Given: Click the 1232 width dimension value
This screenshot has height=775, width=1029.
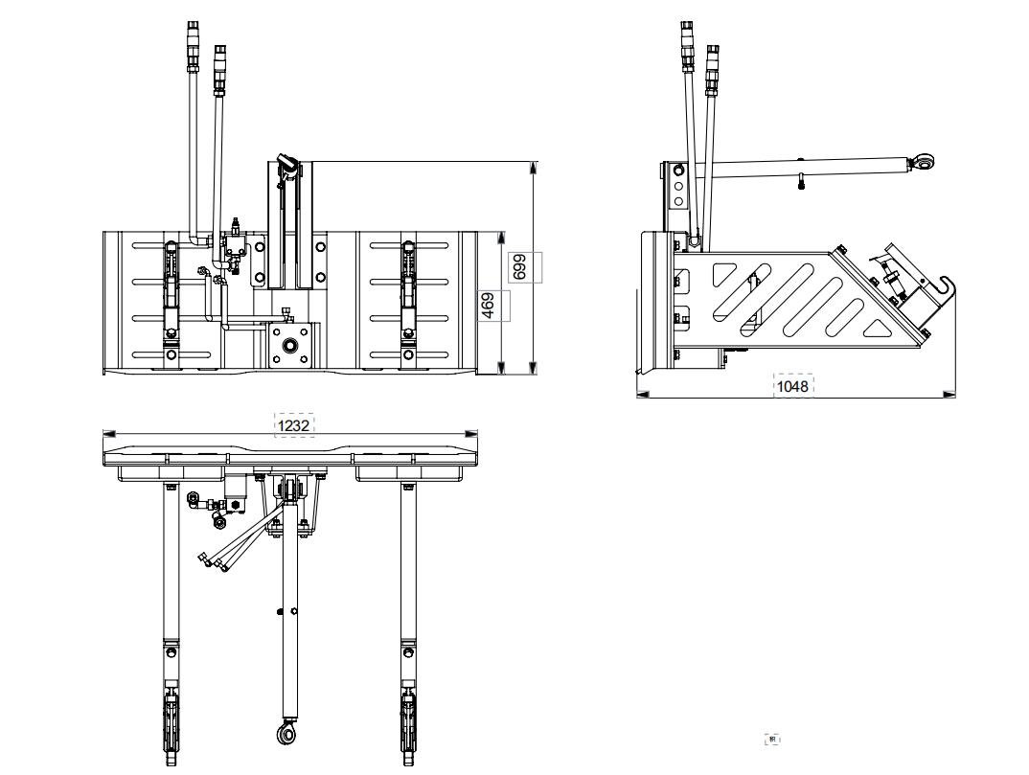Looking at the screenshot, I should click(x=294, y=425).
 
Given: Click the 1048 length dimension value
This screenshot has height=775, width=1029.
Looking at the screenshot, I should click(x=793, y=386).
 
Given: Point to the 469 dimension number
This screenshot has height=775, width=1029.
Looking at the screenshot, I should click(x=488, y=306).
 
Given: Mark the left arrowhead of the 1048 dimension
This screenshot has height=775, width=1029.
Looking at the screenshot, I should click(x=643, y=394).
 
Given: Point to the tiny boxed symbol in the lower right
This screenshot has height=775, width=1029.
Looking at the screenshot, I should click(x=774, y=739).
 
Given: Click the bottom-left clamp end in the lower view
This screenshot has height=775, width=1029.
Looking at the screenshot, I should click(x=171, y=718).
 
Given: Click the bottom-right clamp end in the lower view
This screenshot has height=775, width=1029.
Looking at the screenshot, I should click(x=408, y=718).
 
